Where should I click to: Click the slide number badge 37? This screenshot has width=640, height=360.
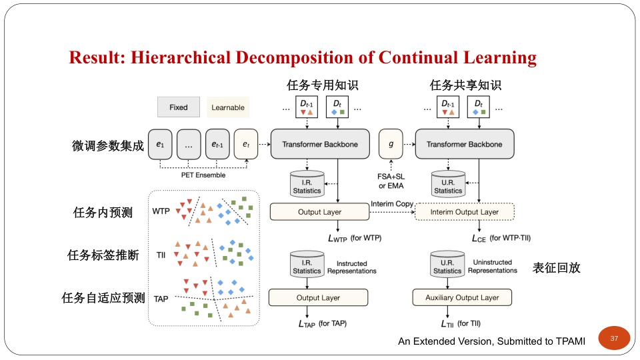pos(614,339)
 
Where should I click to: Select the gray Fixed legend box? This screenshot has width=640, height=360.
pos(178,107)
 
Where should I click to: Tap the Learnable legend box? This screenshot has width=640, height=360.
pos(228,107)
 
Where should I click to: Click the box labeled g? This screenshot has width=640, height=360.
pos(391,144)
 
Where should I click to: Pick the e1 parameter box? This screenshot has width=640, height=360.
pos(160,144)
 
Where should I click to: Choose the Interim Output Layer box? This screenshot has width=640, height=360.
pos(464,212)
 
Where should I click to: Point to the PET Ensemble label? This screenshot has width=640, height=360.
pos(203,175)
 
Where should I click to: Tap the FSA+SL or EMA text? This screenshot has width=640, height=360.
pos(391,181)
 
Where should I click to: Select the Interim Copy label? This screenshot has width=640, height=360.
pos(392,203)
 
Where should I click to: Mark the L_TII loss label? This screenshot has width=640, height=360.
pos(447,324)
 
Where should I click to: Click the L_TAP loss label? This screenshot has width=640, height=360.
pos(307,324)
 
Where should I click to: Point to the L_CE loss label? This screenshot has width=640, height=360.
pos(461,238)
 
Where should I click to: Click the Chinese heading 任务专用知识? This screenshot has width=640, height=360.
pos(322,85)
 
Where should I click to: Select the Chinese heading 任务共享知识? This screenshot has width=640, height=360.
pos(465,85)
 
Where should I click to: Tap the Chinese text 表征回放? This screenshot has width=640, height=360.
pos(557,268)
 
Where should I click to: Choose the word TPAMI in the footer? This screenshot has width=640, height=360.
pos(565,341)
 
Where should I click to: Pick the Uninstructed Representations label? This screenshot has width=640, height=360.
pos(493,267)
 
